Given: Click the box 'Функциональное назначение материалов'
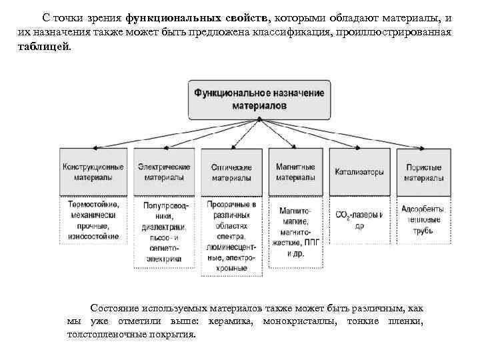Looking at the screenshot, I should point(259,99).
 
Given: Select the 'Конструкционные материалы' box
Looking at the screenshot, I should point(93,172).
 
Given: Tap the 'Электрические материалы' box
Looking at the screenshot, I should point(162,172).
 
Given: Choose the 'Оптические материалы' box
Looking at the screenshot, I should point(231,172).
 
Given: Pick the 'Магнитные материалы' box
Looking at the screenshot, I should point(295,172).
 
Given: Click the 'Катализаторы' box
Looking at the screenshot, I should point(359,172).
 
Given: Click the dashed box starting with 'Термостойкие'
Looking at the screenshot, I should point(93,220).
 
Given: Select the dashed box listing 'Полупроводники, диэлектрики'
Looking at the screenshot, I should point(162,233).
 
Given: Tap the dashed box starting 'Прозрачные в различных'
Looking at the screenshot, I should point(231,236).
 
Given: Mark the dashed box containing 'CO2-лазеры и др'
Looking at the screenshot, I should point(359,220).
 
